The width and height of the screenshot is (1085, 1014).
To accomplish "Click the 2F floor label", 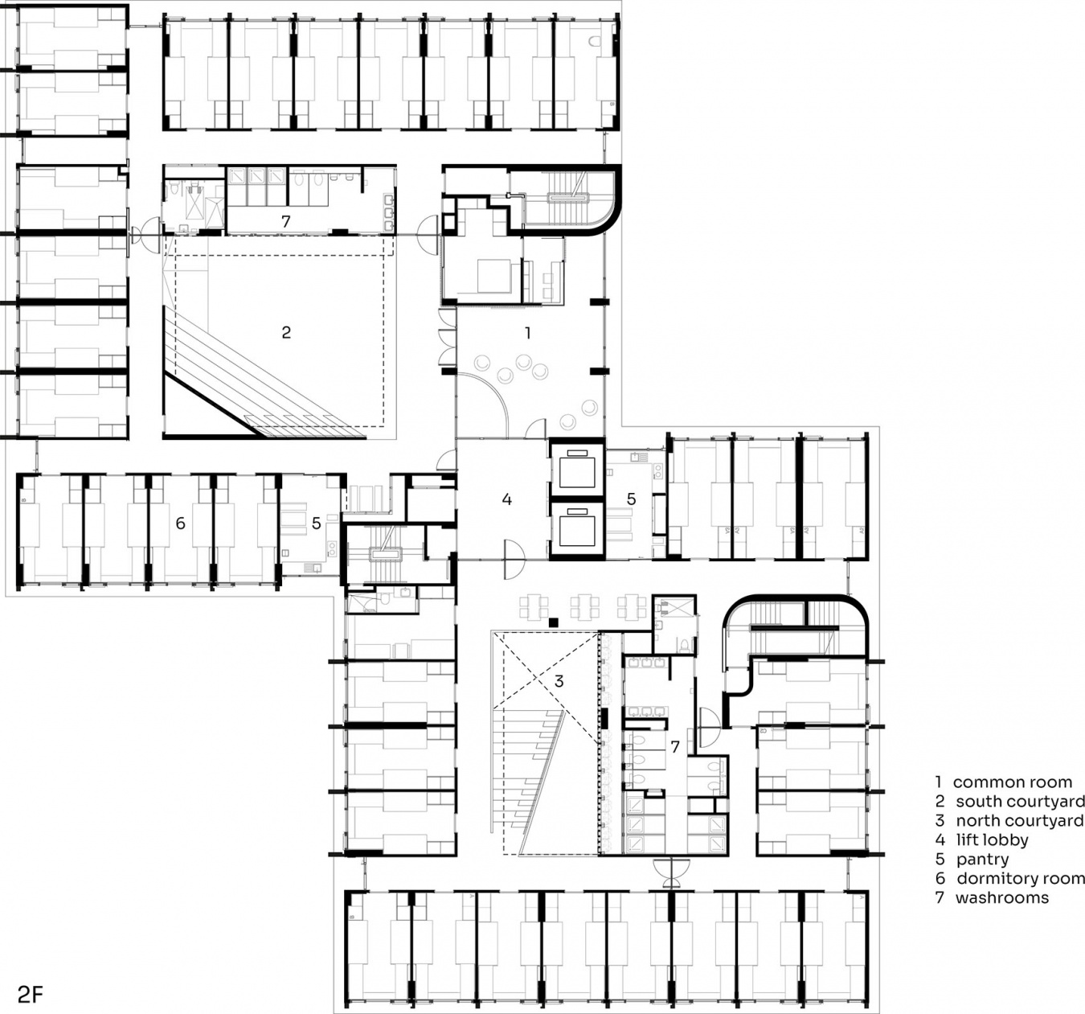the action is pos(30,995).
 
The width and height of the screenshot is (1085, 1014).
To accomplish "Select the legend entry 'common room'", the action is pos(1004,782).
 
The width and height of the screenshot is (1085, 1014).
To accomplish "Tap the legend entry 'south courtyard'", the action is pos(1010,802).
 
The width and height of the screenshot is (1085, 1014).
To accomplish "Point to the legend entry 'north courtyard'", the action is pos(1010,820).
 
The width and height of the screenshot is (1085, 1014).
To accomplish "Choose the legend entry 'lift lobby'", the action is pos(982,840).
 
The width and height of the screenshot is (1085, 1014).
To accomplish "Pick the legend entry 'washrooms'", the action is pos(992,897).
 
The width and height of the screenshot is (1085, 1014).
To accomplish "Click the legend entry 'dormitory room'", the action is pos(1010,878).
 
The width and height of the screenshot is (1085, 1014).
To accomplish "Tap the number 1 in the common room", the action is pos(527,333).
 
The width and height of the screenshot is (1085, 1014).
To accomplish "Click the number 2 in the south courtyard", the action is pos(286,332).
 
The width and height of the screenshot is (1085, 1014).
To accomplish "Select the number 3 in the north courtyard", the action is pos(559,681).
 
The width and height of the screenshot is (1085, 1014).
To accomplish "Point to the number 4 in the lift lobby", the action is pos(507,499).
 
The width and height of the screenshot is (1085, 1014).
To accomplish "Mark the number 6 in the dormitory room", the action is pos(180,523).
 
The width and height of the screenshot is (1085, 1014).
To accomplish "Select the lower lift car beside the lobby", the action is pos(577,528).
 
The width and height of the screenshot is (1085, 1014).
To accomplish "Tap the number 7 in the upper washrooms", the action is pos(285,221).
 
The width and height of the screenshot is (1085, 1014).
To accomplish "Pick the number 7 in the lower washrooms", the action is pos(675,747).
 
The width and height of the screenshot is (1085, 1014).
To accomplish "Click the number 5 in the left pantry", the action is pos(317,523).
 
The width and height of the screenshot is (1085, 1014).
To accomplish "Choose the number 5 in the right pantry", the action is pos(632,499).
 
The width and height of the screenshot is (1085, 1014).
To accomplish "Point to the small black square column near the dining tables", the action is pos(554,622).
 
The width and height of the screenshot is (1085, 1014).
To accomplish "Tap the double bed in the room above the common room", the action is pos(494,277).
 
